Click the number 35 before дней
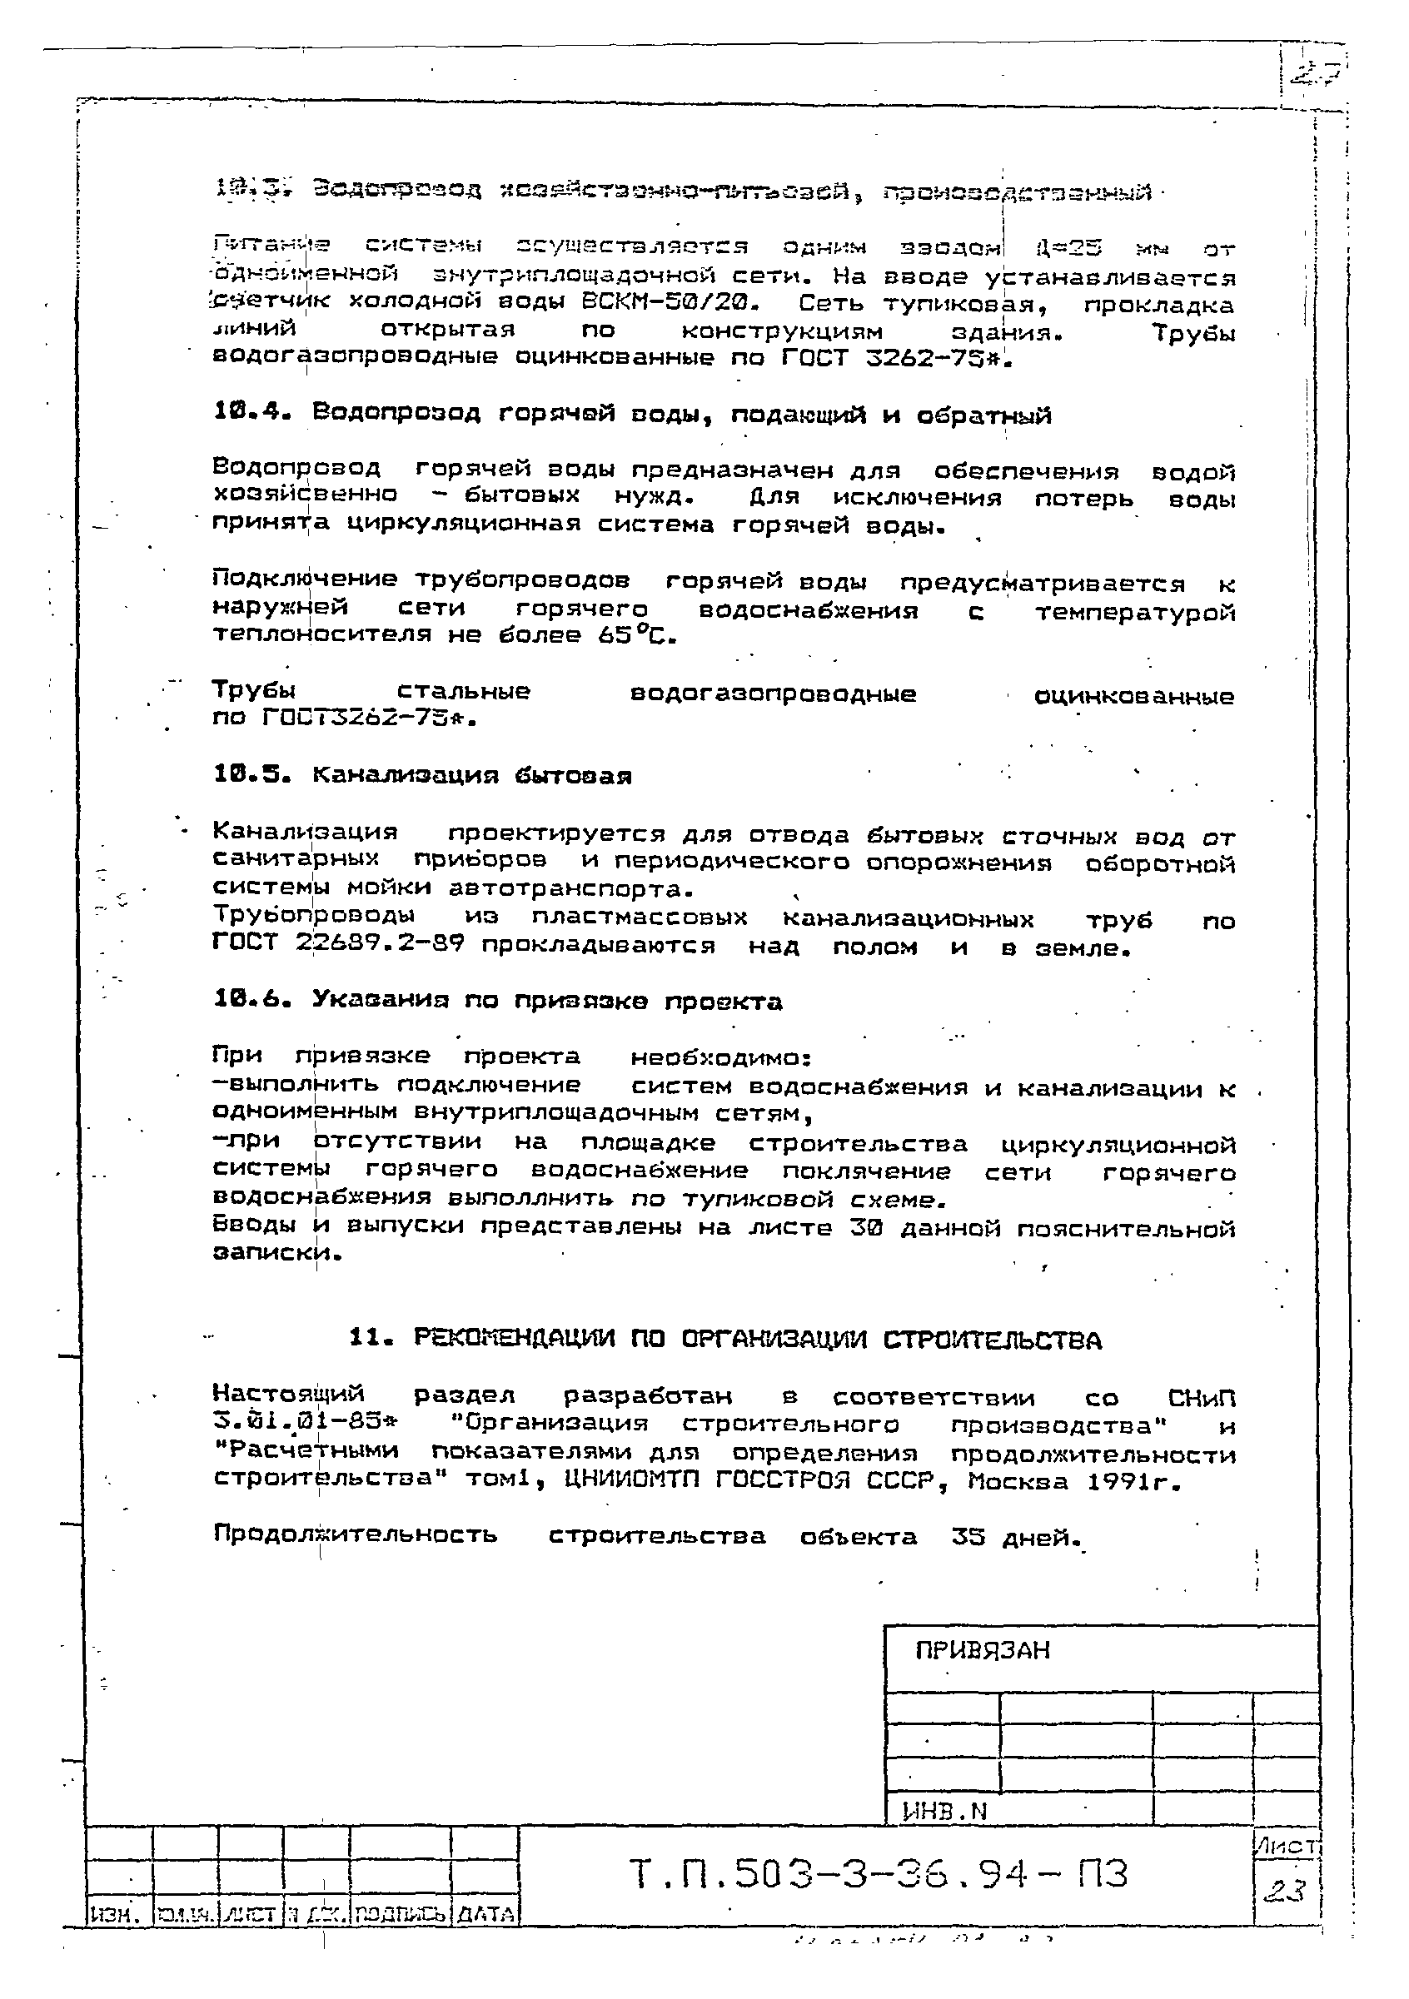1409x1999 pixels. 967,1537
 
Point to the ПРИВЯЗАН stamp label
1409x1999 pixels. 983,1650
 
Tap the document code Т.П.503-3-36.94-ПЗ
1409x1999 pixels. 878,1873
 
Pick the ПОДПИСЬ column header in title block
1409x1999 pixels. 400,1914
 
